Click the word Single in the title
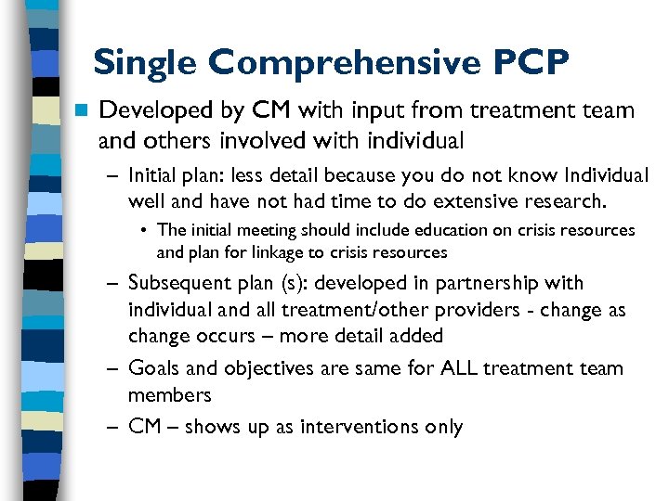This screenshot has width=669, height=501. pos(146,62)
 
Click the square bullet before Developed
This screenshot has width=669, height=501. pos(82,111)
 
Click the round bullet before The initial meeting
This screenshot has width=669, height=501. pos(147,230)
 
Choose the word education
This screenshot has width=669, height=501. pos(398,230)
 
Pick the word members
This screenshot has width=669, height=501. pos(170,395)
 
